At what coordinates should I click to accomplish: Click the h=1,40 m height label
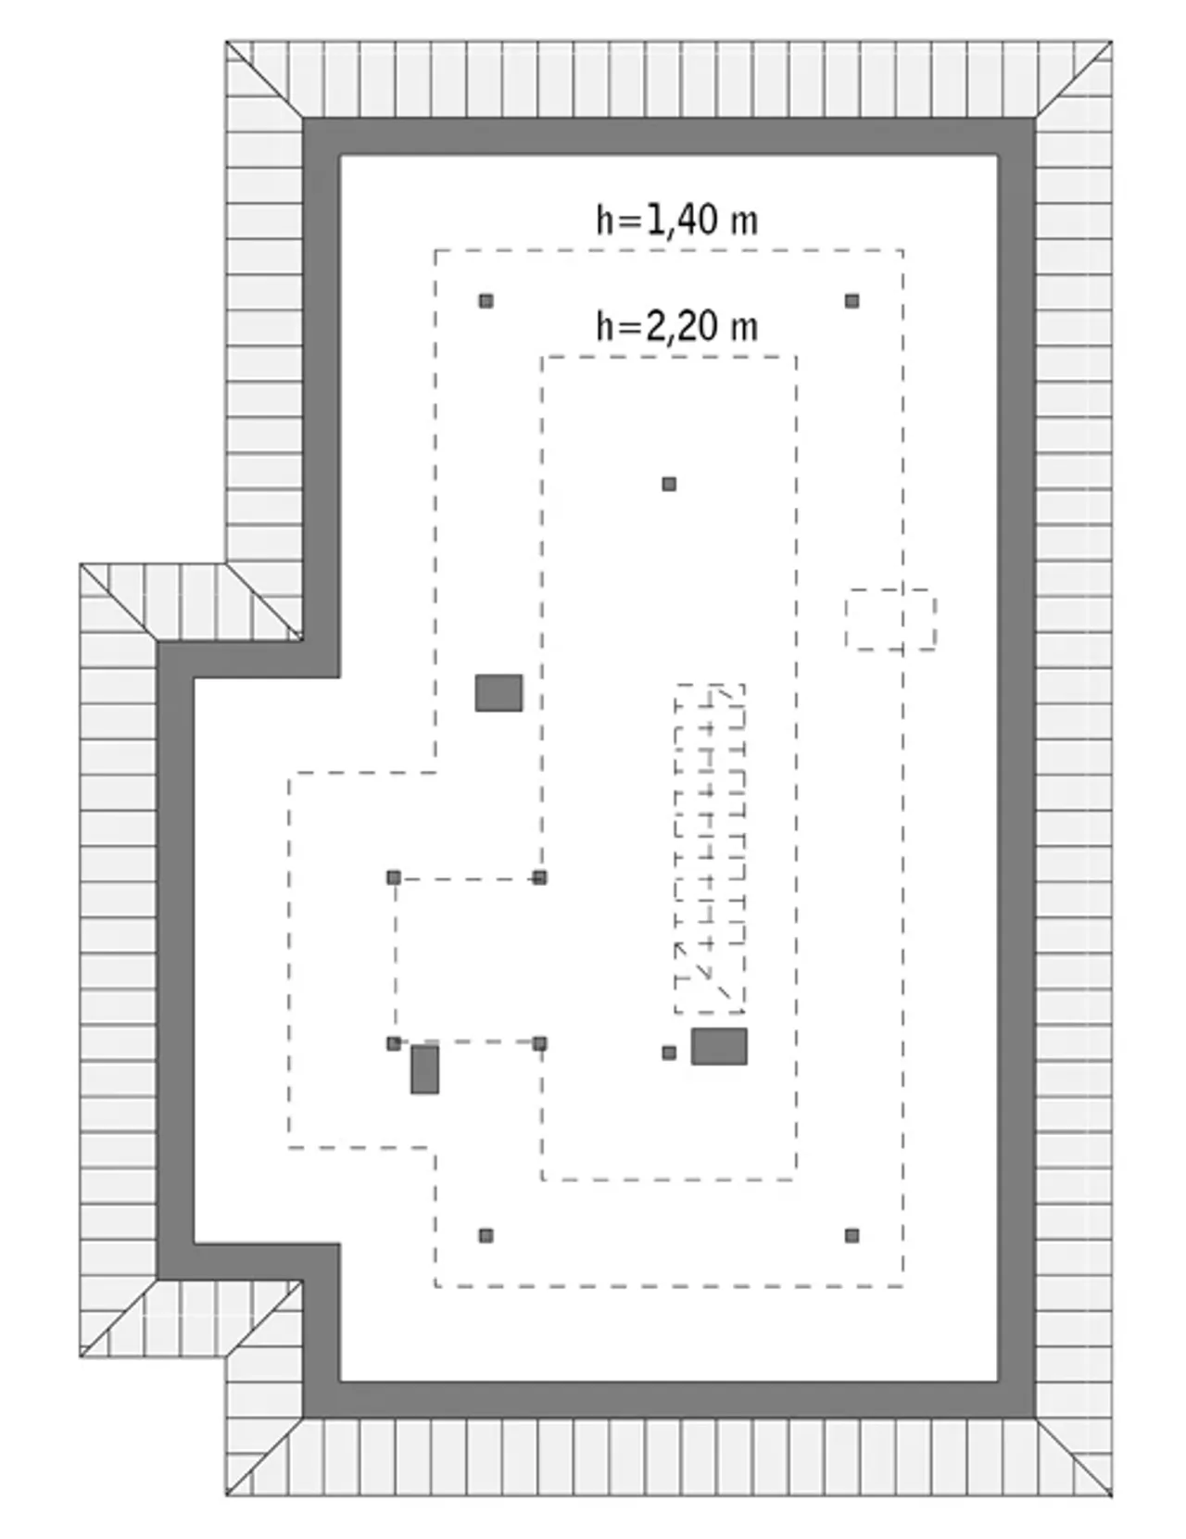(x=676, y=220)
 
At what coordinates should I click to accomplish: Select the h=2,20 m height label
(x=676, y=326)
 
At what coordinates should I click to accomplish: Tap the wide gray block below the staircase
(x=719, y=1046)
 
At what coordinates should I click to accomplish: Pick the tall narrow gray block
(x=424, y=1069)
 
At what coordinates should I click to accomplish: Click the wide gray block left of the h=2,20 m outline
(x=498, y=692)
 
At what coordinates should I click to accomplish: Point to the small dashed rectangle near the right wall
(x=890, y=618)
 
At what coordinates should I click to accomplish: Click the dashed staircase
(x=709, y=849)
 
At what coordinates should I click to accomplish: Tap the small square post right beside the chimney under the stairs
(x=669, y=1053)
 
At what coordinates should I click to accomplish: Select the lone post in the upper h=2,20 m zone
(x=669, y=484)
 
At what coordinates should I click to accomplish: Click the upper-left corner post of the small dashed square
(x=394, y=877)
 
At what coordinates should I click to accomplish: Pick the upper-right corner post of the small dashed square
(x=539, y=877)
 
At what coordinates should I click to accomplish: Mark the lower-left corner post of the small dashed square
(x=394, y=1042)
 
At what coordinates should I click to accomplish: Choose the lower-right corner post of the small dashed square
(x=539, y=1042)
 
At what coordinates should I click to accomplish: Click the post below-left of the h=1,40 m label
(x=486, y=301)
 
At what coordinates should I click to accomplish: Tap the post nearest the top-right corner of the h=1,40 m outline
(x=852, y=301)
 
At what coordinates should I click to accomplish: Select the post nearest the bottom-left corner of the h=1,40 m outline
(x=486, y=1235)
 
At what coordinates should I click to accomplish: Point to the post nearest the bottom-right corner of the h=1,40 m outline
(x=852, y=1235)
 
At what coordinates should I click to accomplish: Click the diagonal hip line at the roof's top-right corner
(x=1073, y=80)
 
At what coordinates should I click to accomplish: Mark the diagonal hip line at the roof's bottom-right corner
(x=1073, y=1457)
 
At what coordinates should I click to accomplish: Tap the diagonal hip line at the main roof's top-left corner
(x=265, y=80)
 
